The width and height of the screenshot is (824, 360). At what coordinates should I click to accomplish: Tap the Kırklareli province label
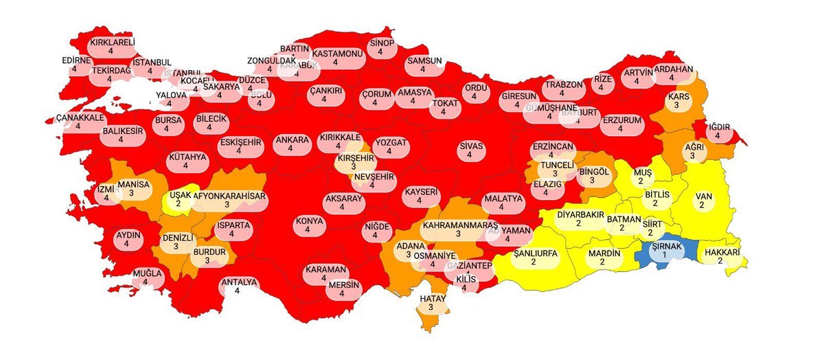point(113,42)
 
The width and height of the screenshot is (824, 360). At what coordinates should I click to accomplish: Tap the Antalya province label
point(238,282)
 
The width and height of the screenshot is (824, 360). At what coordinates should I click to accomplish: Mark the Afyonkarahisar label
point(229,196)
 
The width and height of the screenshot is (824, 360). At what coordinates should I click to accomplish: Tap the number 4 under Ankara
point(291,150)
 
